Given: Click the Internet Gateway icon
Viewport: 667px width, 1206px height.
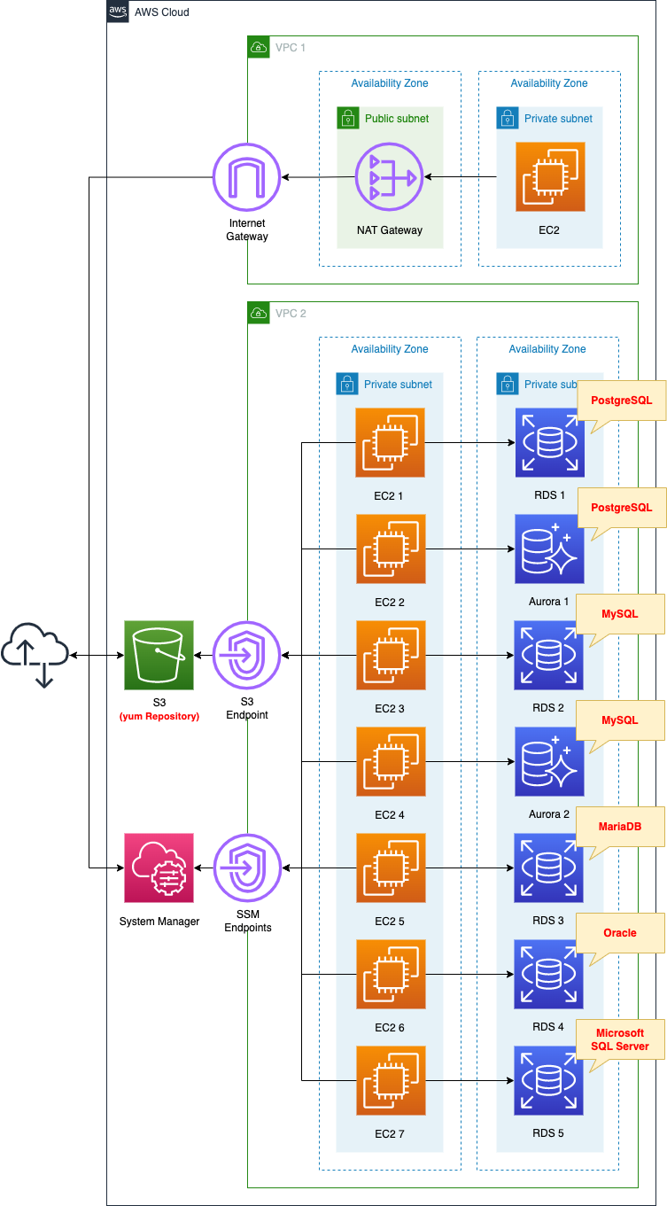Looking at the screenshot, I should click(x=247, y=177).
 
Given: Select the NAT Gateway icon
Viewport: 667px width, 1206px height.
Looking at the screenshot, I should click(x=390, y=177).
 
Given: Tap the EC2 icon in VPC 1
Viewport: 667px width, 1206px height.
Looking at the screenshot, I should click(x=549, y=177).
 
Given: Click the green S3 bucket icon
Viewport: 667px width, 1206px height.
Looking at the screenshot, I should click(x=159, y=655).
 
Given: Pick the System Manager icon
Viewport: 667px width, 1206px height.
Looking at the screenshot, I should click(x=159, y=868).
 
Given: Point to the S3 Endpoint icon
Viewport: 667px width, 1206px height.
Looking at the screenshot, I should click(x=247, y=655).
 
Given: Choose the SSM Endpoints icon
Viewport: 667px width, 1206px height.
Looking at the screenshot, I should click(x=247, y=868).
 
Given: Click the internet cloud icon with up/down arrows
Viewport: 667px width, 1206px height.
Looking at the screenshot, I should click(x=35, y=655).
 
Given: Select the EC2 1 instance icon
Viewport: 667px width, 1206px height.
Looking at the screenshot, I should click(x=390, y=442).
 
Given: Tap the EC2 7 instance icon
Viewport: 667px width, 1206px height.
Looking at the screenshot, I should click(x=390, y=1080).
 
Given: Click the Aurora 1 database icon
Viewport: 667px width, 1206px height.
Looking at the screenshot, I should click(x=549, y=549).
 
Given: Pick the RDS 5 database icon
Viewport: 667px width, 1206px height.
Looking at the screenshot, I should click(x=549, y=1080).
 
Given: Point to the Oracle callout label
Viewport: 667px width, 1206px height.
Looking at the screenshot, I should click(x=620, y=933).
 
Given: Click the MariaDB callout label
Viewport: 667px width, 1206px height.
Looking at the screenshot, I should click(x=620, y=827).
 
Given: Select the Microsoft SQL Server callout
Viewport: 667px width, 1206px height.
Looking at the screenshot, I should click(x=620, y=1039).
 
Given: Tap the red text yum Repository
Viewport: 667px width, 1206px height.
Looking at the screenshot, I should click(x=159, y=716).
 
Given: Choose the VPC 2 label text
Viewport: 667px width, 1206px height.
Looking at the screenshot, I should click(x=291, y=314).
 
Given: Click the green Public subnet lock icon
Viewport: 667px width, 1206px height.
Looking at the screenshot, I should click(x=347, y=118).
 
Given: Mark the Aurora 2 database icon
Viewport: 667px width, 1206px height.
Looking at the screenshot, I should click(x=549, y=761).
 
